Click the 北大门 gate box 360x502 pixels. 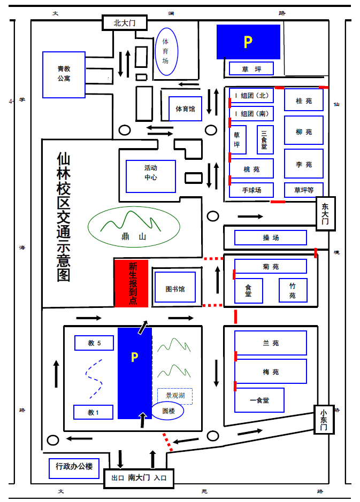(125, 23)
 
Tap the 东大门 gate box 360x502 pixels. (326, 213)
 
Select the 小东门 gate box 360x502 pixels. (324, 419)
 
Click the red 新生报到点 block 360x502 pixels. (131, 283)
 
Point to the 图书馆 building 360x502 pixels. (175, 287)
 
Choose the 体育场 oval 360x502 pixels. (166, 51)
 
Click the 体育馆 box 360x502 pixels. (186, 109)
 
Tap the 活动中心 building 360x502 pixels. (151, 176)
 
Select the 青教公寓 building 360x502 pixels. (64, 75)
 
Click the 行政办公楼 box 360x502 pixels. (74, 468)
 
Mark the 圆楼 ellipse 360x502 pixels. (167, 411)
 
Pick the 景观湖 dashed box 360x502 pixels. (175, 396)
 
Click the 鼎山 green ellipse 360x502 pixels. (134, 227)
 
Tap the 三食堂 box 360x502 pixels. (265, 140)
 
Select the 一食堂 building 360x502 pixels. (259, 400)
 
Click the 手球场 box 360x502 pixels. (251, 190)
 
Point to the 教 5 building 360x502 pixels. (94, 343)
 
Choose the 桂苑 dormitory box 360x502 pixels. (304, 100)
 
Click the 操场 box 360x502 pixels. (271, 237)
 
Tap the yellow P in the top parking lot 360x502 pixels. (248, 42)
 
